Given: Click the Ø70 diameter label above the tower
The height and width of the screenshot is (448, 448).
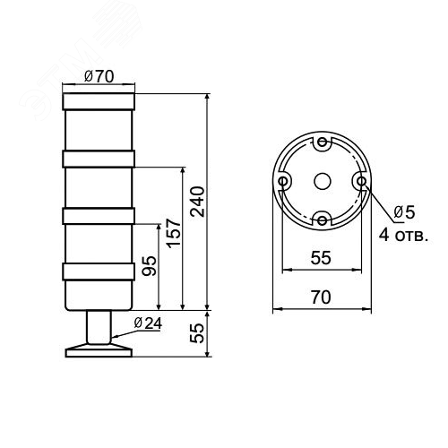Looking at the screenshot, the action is [x=99, y=76].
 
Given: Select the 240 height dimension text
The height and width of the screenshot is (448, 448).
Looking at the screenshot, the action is [x=198, y=202].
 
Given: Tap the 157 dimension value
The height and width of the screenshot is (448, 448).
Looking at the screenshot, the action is [x=174, y=233].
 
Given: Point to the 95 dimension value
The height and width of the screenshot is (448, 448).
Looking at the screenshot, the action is [x=149, y=266].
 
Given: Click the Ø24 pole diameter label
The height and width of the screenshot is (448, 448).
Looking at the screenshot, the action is [x=148, y=323].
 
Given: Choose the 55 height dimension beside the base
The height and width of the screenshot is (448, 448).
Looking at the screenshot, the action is [x=197, y=333].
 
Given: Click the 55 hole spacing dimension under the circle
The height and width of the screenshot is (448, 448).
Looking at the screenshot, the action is [x=321, y=258].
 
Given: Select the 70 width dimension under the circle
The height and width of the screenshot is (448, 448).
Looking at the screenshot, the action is [x=321, y=297].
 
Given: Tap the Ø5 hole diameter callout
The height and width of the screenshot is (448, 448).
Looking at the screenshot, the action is [x=404, y=212].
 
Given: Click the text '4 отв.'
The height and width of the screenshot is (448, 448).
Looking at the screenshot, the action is [x=404, y=235].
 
